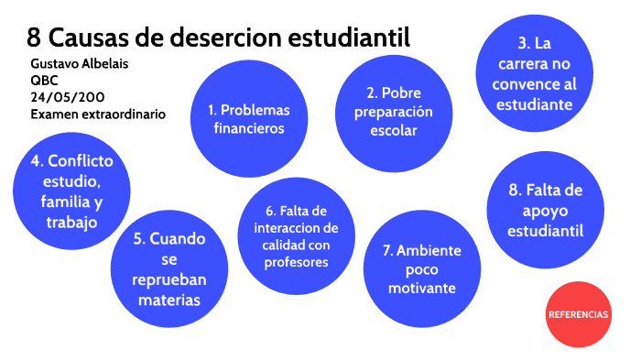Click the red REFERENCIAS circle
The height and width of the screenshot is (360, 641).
[578, 314]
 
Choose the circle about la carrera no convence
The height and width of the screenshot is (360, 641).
[535, 73]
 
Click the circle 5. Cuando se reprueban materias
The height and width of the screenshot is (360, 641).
[169, 268]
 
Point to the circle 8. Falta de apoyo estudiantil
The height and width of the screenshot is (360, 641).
[544, 210]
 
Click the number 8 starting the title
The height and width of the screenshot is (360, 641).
[34, 38]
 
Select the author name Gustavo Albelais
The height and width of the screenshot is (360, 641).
[81, 63]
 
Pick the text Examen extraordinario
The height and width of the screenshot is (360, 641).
[98, 115]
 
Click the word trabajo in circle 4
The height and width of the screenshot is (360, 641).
[71, 221]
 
